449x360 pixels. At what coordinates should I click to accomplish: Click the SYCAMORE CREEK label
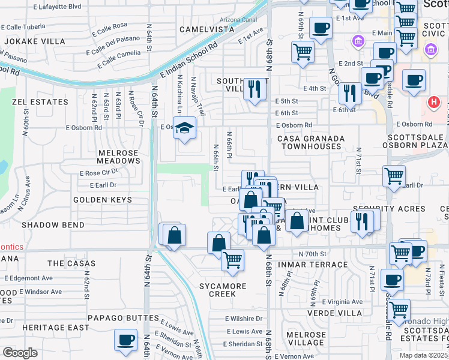point(228,290)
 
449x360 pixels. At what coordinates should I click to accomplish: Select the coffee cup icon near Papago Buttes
point(126,340)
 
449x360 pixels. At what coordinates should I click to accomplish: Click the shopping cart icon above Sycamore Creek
point(232,260)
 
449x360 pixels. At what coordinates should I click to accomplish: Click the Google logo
point(20,353)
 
